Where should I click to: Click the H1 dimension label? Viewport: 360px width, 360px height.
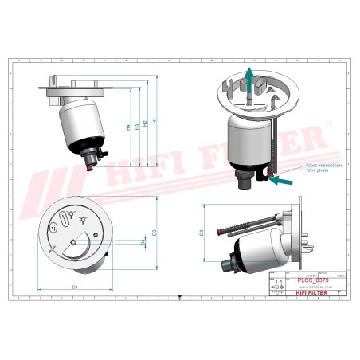(x=155, y=121)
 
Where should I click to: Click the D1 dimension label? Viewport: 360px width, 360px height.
(x=75, y=286)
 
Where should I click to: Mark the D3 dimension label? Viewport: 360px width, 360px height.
(x=202, y=233)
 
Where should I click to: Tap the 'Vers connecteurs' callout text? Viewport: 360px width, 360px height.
(x=301, y=166)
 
